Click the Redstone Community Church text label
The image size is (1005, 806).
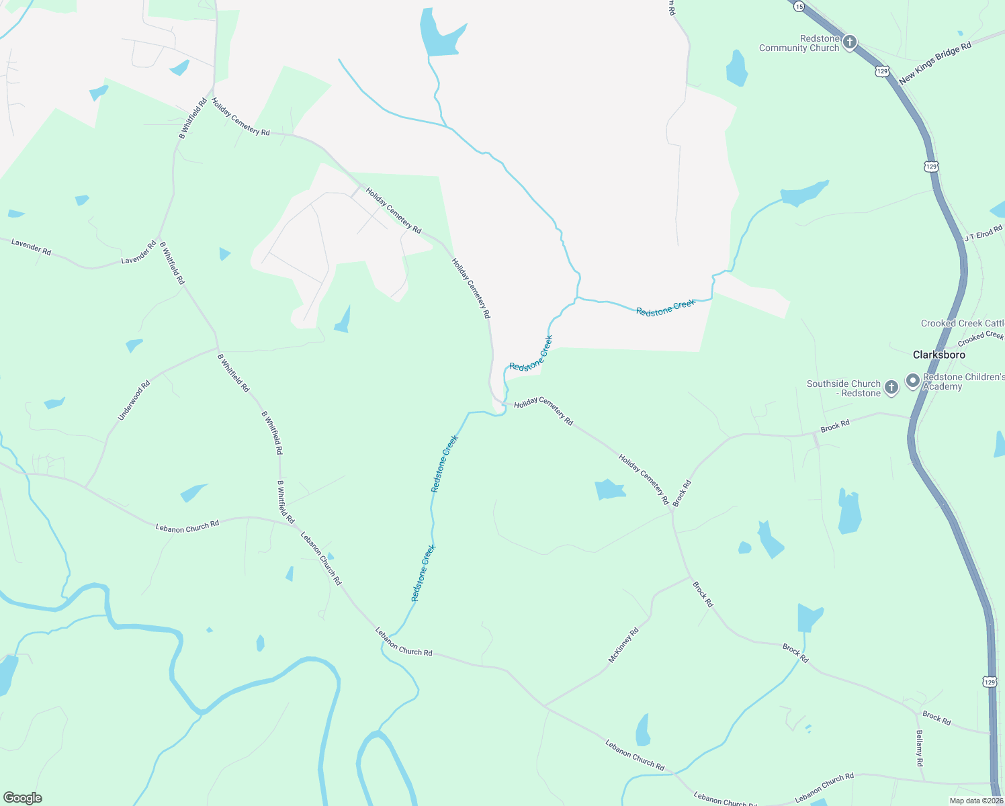click(x=799, y=44)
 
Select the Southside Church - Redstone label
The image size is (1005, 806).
click(x=844, y=388)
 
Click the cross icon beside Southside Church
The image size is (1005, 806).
click(x=891, y=387)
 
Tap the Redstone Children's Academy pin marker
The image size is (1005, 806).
click(x=913, y=381)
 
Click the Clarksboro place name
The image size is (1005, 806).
click(x=938, y=355)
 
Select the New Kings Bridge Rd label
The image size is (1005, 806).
click(x=935, y=63)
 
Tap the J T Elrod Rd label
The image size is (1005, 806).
click(x=983, y=233)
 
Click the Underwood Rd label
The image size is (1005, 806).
click(x=134, y=401)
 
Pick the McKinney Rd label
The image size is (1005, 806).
click(x=623, y=645)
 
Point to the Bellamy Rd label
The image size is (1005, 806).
click(x=920, y=748)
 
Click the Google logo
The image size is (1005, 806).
click(x=22, y=798)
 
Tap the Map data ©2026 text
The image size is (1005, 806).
click(x=975, y=801)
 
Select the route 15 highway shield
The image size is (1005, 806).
click(x=798, y=5)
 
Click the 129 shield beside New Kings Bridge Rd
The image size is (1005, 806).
click(x=883, y=71)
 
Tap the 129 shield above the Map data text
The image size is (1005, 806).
click(x=990, y=682)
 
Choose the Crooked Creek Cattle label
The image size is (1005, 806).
click(x=962, y=323)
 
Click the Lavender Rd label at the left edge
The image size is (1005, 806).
click(x=32, y=247)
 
